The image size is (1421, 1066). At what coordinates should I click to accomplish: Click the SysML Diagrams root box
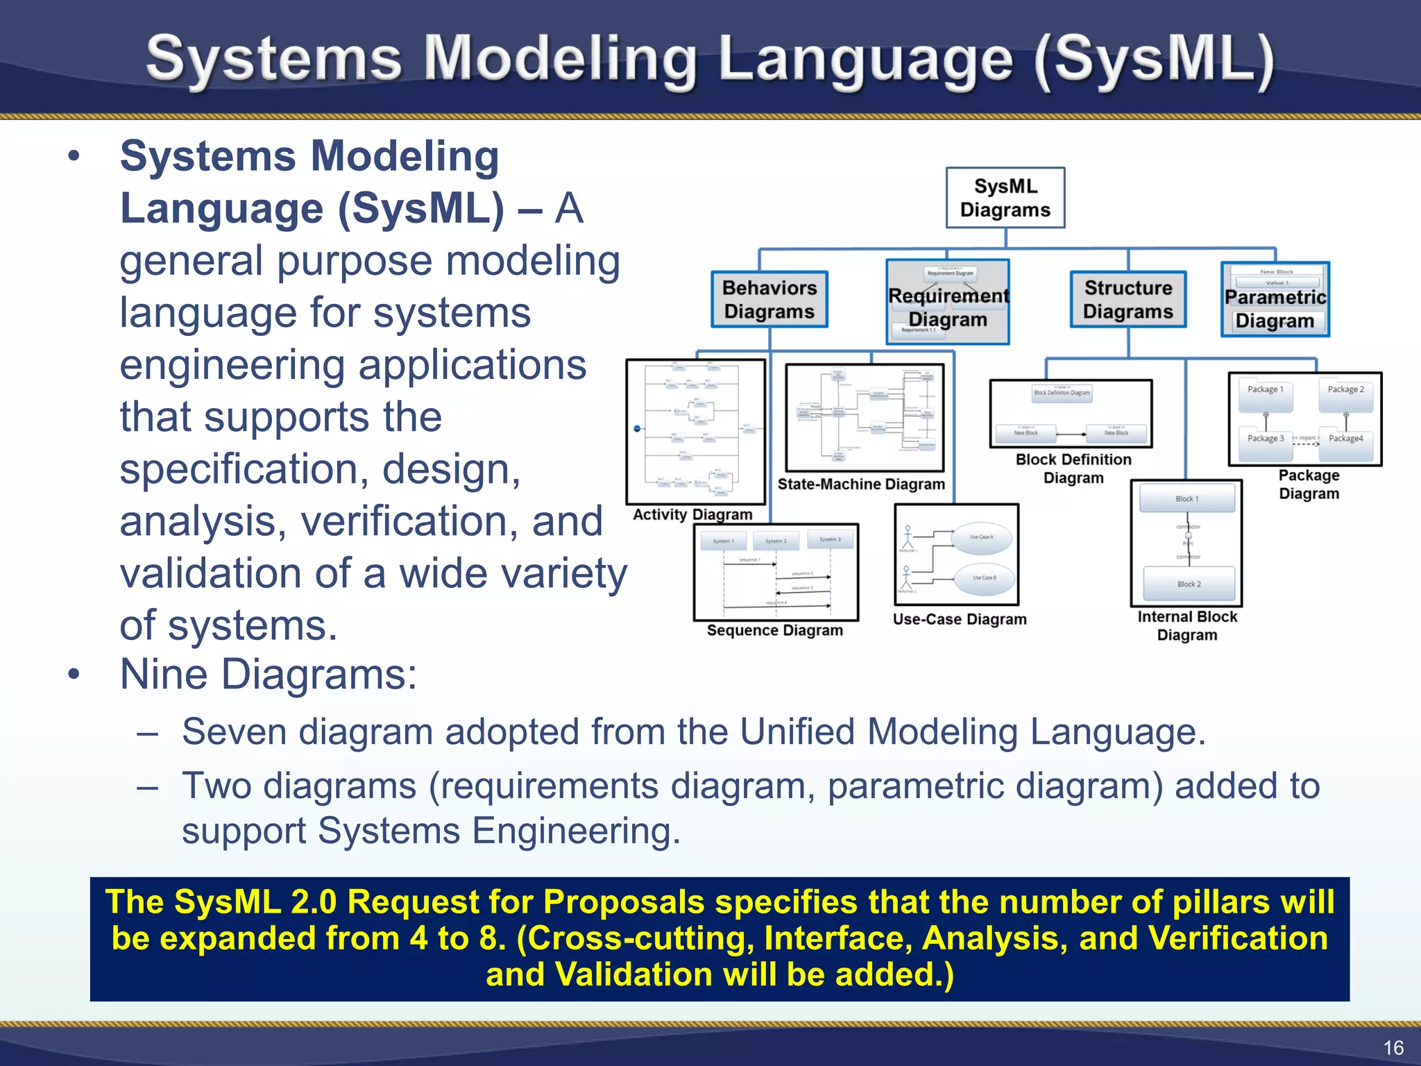point(1005,198)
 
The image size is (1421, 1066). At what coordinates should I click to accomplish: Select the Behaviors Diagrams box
point(769,299)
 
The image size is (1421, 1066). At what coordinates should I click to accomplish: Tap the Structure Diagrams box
point(1128,299)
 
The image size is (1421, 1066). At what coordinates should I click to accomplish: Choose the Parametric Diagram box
point(1275,308)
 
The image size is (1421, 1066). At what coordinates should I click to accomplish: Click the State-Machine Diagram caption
point(860,484)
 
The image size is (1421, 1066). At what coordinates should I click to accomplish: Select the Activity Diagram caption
point(692,515)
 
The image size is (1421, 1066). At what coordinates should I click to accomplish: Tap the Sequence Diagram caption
point(774,631)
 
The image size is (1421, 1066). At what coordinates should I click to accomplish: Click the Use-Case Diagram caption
point(959,620)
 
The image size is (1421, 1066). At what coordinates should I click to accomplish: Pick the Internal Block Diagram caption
point(1186,625)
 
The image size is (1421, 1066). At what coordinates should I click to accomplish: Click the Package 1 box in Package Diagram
point(1265,390)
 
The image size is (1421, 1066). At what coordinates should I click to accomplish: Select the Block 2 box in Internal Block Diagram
point(1189,584)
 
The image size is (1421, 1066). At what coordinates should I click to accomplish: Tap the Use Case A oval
point(981,537)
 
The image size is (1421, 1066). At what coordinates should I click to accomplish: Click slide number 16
point(1393,1047)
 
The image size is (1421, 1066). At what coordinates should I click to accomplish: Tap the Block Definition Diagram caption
point(1073,468)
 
